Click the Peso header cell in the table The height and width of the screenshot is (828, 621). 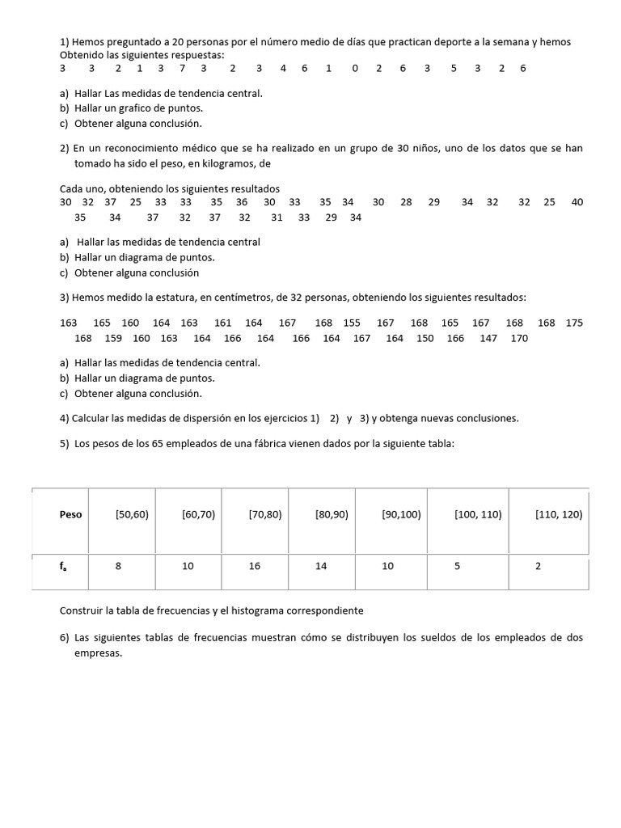point(70,514)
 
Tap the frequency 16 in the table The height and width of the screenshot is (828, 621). point(255,566)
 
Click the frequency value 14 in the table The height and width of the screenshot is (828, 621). point(321,566)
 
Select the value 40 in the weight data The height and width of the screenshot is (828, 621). point(577,202)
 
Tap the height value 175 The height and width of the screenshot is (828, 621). point(574,323)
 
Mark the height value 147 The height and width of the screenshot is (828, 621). point(488,338)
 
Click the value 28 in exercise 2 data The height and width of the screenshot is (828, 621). point(406,202)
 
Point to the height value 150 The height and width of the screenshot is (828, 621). point(425,338)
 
